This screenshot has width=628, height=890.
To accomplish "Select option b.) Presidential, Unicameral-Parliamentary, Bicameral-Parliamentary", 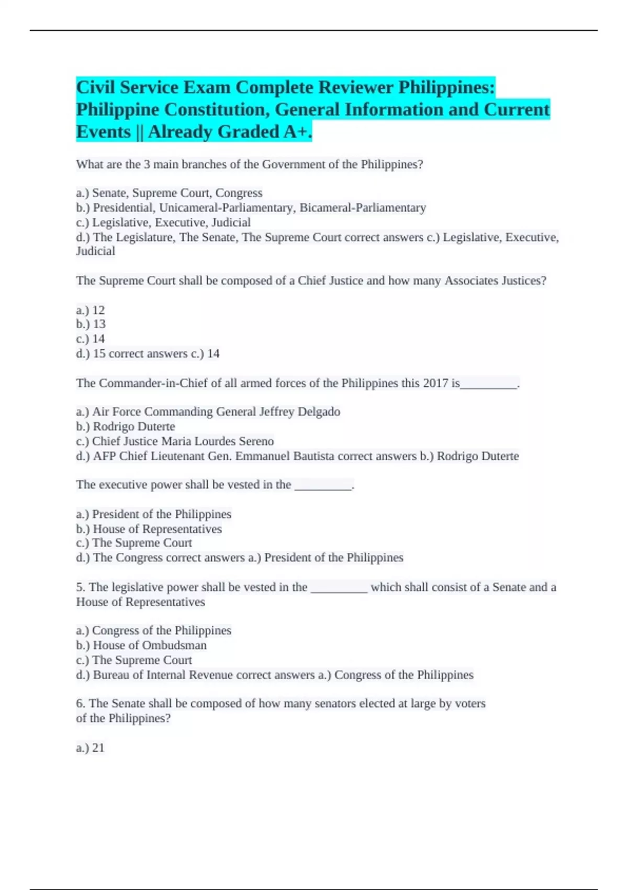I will point(251,208).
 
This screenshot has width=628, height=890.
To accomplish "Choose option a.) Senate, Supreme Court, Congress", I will point(169,193).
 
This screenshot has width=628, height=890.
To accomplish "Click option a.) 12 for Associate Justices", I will point(90,310).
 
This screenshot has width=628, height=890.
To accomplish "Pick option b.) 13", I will point(91,324).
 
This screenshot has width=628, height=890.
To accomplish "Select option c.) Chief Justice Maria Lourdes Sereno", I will point(175,441).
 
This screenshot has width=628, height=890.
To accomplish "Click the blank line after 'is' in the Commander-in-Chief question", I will point(489,385).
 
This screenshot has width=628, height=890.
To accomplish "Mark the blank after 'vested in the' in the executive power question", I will point(323,486).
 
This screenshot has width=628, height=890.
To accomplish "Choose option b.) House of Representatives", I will point(149,529).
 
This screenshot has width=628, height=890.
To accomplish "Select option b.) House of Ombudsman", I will point(141,646).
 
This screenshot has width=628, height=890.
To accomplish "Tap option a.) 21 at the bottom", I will point(90,748).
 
